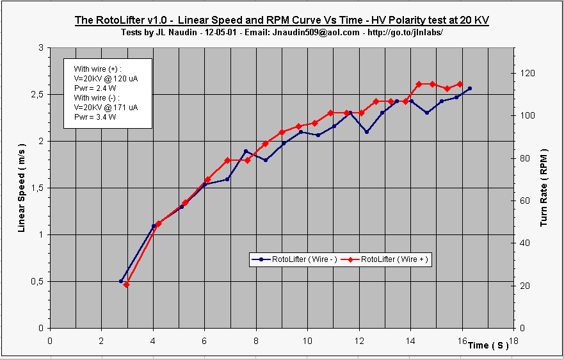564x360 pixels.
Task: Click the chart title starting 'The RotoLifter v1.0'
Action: click(x=282, y=20)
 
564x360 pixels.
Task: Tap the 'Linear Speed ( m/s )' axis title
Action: click(x=22, y=187)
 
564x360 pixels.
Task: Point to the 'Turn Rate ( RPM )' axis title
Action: click(x=544, y=188)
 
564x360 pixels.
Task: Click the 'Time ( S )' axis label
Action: click(x=488, y=345)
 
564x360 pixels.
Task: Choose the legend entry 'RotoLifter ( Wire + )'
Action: click(x=389, y=259)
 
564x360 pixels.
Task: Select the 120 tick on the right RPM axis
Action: click(x=529, y=73)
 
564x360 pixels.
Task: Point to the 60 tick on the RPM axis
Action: click(x=526, y=200)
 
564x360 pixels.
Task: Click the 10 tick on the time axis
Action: click(x=307, y=340)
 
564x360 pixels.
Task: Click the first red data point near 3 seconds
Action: click(x=126, y=284)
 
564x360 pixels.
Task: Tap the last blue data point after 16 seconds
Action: click(x=470, y=88)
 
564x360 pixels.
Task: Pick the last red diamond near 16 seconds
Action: click(x=460, y=84)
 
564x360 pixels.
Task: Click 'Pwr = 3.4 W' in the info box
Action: click(x=95, y=117)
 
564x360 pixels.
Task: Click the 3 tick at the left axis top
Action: click(x=41, y=47)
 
